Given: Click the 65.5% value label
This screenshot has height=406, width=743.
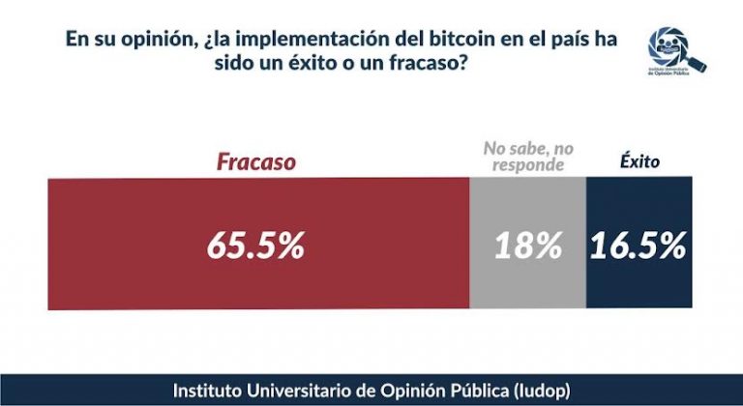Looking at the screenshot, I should [255, 246].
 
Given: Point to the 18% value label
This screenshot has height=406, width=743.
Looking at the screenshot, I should [527, 246].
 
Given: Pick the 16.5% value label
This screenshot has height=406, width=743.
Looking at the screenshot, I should [639, 246].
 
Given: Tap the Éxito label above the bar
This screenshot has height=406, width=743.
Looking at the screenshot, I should [639, 161].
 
